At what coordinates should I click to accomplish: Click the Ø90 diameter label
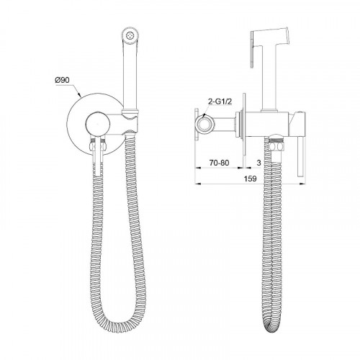[x=62, y=80]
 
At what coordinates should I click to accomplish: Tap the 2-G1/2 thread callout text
[x=220, y=102]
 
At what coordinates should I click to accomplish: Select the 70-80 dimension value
[x=219, y=163]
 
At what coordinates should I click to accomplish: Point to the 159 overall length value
[x=251, y=179]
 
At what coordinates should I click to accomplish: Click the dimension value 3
[x=258, y=163]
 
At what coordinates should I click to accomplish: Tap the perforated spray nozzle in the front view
[x=130, y=36]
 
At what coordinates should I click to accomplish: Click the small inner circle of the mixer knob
[x=98, y=124]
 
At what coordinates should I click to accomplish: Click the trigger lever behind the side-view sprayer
[x=253, y=50]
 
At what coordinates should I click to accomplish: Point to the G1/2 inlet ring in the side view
[x=204, y=124]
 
